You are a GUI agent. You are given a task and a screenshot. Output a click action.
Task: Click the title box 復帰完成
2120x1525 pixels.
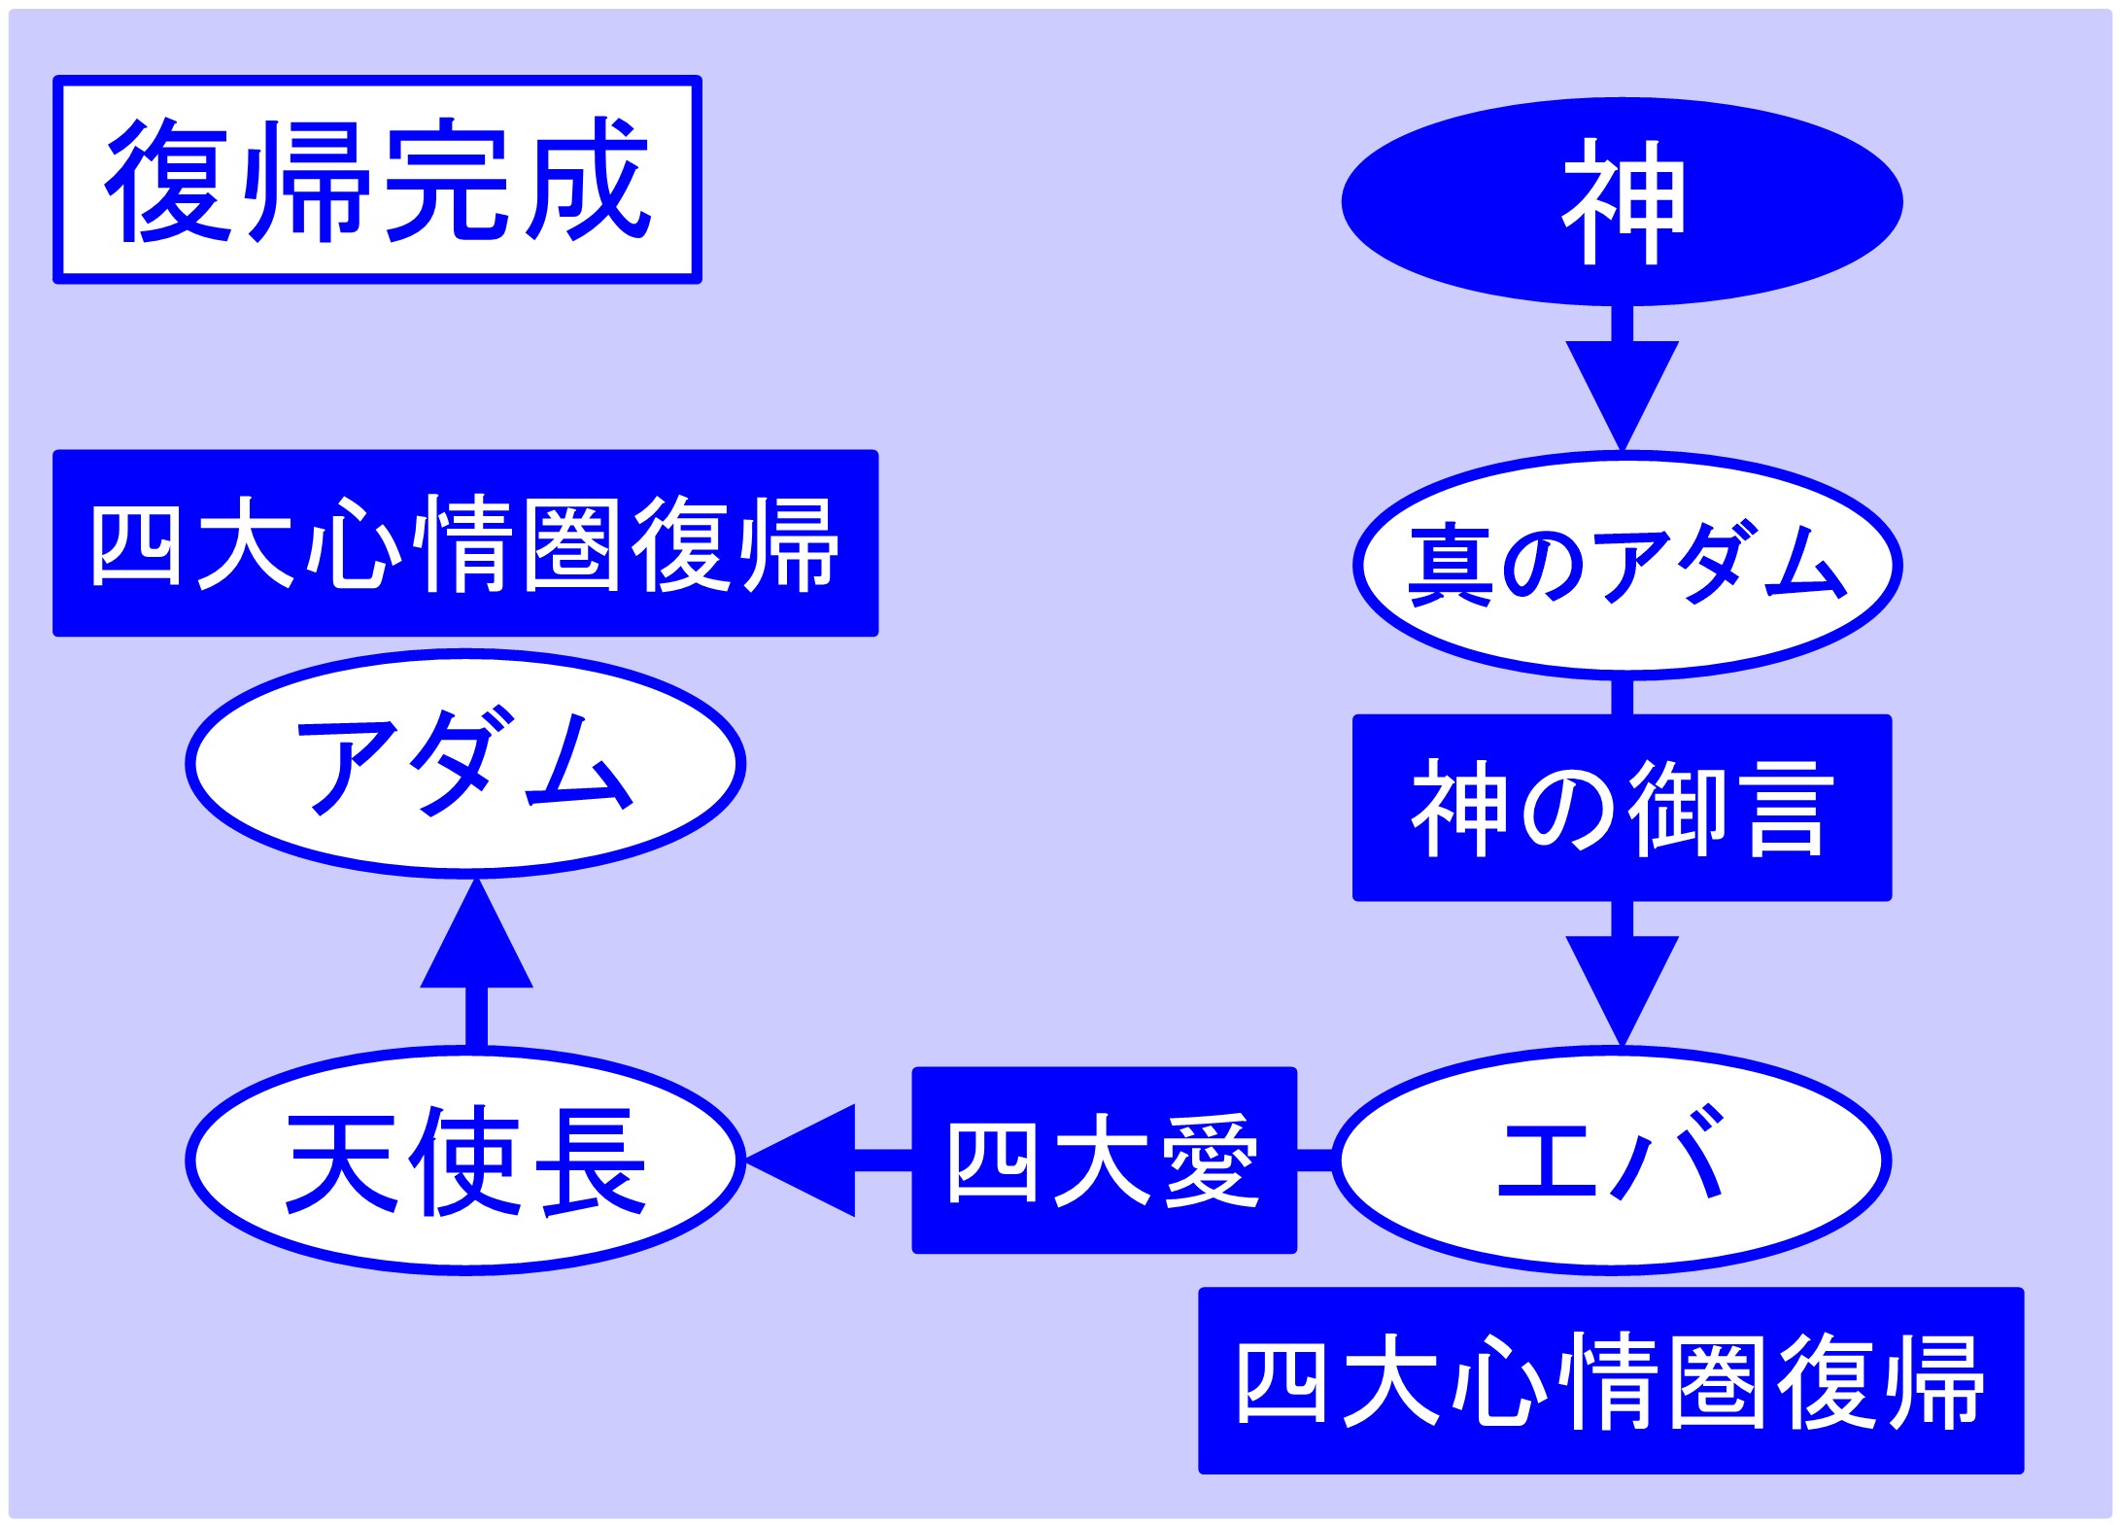pos(377,180)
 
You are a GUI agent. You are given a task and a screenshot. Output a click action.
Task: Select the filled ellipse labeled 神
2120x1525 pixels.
pos(1622,202)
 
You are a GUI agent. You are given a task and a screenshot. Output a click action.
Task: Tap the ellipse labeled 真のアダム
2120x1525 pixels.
pos(1626,565)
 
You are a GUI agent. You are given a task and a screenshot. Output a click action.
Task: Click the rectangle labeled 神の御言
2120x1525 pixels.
pos(1622,808)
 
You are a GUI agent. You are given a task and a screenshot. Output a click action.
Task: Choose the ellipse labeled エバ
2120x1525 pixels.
pos(1612,1160)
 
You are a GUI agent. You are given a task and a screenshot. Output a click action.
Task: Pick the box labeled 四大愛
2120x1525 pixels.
pos(1104,1160)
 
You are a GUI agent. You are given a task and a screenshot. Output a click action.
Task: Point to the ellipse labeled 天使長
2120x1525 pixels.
pos(465,1160)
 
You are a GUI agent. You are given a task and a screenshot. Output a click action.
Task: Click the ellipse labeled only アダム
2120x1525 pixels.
pos(465,763)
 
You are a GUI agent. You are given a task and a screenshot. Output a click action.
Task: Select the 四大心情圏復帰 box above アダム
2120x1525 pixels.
pos(465,542)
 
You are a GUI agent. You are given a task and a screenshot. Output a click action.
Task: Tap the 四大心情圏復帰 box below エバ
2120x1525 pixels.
pos(1611,1380)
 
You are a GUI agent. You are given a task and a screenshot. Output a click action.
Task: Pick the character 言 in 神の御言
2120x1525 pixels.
pos(1783,809)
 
